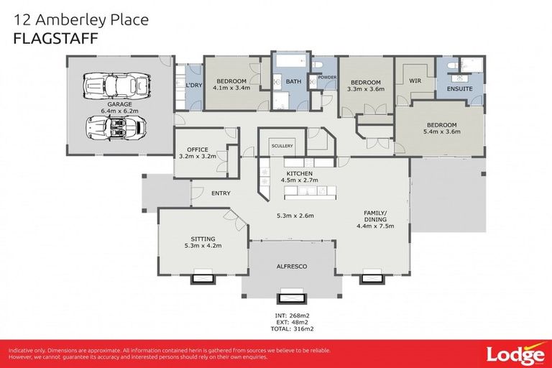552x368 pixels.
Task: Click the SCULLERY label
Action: [282, 146]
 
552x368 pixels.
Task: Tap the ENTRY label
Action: [221, 193]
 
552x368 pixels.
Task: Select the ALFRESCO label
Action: [292, 267]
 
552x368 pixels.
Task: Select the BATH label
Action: [293, 82]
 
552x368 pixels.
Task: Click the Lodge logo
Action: [515, 355]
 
